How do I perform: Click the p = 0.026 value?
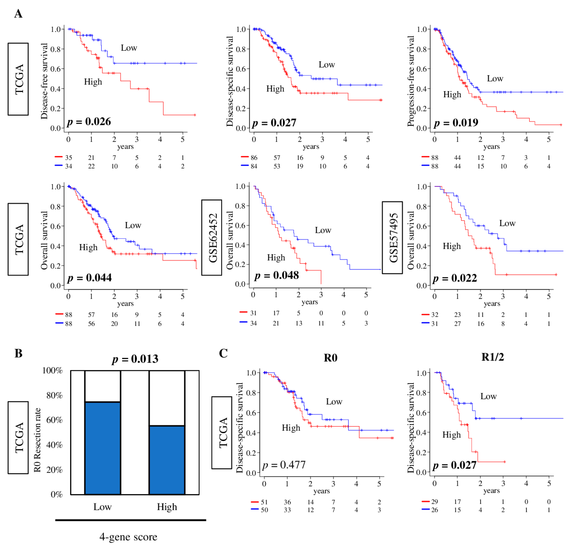point(89,122)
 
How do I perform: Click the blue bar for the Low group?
point(103,448)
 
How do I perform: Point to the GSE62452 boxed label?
point(212,237)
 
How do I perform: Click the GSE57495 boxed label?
point(392,237)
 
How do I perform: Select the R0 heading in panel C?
point(330,358)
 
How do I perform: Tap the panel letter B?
point(18,353)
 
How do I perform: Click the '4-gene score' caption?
point(128,537)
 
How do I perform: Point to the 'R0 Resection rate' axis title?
point(37,440)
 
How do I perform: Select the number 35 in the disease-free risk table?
point(69,158)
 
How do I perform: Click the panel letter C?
point(223,353)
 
